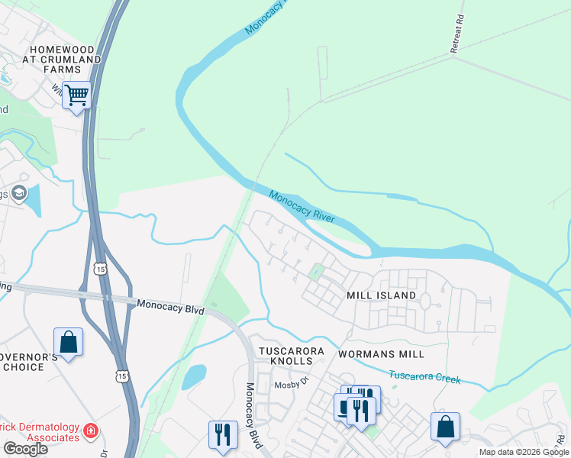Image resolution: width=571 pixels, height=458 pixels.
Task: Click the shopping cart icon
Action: [76, 96]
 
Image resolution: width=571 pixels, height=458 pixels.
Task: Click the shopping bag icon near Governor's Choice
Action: [68, 342]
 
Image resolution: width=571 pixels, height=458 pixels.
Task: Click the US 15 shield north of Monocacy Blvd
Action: [100, 268]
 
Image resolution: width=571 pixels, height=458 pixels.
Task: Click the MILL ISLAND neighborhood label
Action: [381, 295]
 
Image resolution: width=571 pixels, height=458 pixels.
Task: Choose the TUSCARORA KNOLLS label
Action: [291, 356]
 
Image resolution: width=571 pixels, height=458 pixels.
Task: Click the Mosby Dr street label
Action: [289, 385]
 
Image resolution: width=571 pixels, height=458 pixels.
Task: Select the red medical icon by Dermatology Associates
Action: [90, 431]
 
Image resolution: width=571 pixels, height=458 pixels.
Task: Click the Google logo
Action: [25, 449]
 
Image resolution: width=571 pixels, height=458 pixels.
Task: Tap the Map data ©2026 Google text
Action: [523, 452]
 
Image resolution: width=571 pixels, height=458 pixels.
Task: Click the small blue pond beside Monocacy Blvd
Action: [194, 376]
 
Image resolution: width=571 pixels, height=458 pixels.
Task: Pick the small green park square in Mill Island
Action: [316, 271]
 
